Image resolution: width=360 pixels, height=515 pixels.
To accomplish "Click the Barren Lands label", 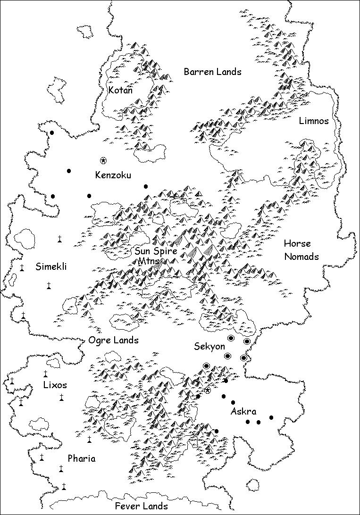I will tap(212, 72).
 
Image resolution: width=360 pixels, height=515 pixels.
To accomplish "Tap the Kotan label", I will tap(121, 90).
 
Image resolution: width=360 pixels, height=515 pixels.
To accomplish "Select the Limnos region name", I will tap(314, 121).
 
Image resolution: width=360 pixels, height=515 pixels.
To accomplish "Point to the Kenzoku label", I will tap(113, 175).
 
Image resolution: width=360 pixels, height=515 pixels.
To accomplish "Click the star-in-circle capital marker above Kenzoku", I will tap(103, 161).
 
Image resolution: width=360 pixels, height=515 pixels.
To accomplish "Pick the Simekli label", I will tap(51, 267).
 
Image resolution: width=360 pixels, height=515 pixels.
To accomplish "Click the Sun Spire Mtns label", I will tap(155, 256).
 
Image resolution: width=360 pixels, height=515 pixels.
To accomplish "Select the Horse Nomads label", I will tap(301, 250).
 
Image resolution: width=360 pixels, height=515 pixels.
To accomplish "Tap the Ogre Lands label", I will tap(113, 340).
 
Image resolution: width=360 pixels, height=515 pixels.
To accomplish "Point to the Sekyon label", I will tap(209, 347).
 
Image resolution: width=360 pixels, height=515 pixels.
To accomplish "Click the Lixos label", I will tap(55, 385).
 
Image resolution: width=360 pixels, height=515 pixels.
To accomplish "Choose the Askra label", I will tap(243, 411).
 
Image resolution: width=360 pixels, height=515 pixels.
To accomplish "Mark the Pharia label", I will tap(81, 458).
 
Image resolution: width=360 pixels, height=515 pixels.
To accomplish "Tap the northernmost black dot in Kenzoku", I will tap(52, 133).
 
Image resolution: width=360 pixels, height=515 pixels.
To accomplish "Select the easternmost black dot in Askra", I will tap(271, 417).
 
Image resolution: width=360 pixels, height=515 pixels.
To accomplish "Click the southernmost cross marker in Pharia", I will tap(64, 486).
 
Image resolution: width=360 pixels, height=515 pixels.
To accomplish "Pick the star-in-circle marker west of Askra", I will tap(207, 390).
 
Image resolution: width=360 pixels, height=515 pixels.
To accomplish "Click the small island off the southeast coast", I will tap(253, 485).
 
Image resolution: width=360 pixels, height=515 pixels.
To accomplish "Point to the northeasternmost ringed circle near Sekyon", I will tap(247, 341).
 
